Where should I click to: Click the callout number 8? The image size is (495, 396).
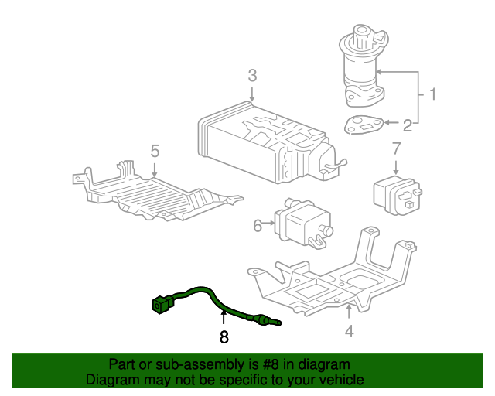(224, 337)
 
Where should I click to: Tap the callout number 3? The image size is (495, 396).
(252, 76)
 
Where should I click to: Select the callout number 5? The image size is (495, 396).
(155, 152)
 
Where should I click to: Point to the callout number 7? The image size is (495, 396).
(396, 148)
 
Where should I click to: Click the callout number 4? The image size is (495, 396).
(349, 331)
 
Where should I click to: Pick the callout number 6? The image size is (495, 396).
(258, 226)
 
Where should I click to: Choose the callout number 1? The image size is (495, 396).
(433, 94)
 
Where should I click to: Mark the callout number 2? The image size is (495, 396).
(408, 125)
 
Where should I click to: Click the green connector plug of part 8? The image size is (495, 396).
(162, 304)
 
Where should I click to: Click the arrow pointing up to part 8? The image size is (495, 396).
(224, 317)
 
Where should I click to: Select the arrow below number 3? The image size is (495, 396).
(252, 94)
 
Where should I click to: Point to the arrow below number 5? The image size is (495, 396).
(155, 170)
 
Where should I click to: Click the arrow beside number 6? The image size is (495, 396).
(268, 223)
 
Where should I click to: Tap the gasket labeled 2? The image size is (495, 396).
(364, 125)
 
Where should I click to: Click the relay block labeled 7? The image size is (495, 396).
(398, 196)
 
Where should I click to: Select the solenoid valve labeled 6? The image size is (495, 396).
(303, 223)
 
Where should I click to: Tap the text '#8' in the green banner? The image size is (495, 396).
(270, 365)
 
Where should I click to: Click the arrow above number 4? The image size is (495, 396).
(349, 312)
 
